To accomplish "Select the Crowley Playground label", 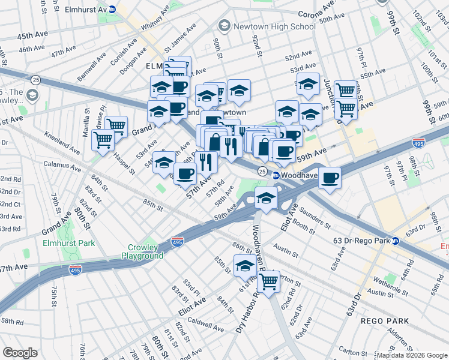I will pos(145,251).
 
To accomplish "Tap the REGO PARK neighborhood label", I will pos(385,321).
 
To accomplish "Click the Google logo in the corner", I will pos(20,353).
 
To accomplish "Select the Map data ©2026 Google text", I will pos(412,355).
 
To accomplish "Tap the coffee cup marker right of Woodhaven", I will pos(330,178).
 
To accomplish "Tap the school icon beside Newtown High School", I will pos(224,26).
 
